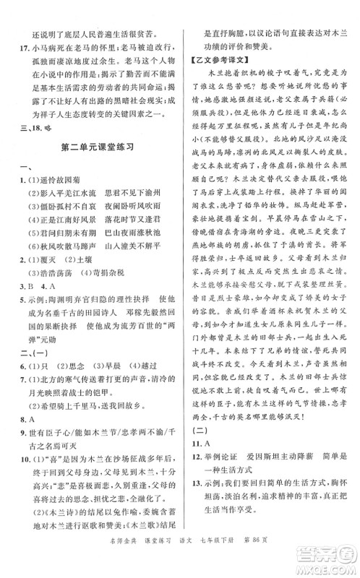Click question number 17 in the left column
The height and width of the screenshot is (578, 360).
tap(21, 51)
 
